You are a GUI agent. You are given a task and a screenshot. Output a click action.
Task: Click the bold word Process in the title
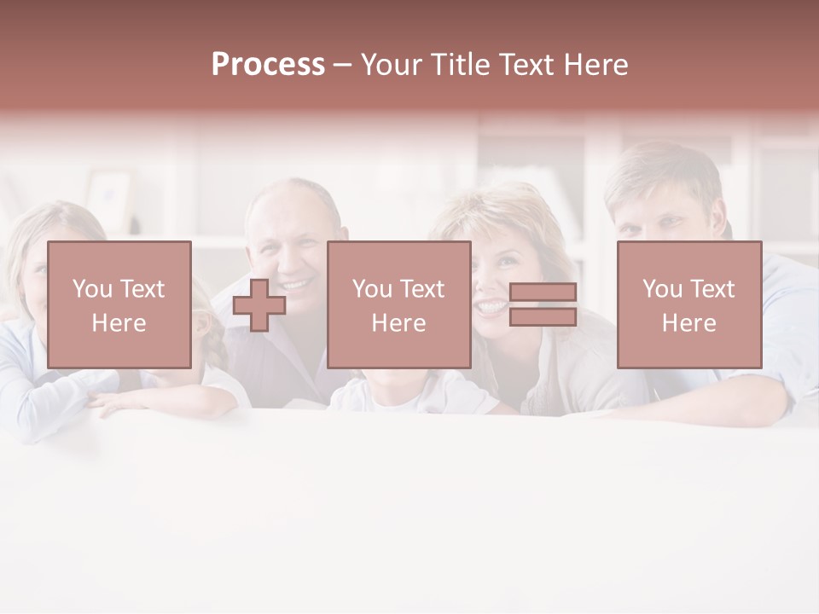(268, 65)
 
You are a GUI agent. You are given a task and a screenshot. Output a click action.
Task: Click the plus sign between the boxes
(259, 305)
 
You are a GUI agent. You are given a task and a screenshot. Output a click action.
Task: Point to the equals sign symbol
(543, 304)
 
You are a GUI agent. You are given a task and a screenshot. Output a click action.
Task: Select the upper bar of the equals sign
(543, 293)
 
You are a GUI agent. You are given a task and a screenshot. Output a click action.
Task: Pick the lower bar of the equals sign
(543, 317)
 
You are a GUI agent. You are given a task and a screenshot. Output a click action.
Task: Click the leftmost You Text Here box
(119, 304)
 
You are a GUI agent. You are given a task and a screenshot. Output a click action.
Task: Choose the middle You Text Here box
(399, 304)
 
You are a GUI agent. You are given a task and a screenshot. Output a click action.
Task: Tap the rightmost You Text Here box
(689, 304)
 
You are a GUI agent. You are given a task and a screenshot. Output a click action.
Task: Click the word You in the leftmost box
(90, 289)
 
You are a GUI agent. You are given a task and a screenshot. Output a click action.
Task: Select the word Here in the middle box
(399, 323)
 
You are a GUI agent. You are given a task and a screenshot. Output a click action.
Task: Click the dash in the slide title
(342, 65)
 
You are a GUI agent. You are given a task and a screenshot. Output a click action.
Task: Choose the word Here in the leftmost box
(119, 323)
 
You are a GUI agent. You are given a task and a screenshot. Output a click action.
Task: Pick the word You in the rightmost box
(661, 289)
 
